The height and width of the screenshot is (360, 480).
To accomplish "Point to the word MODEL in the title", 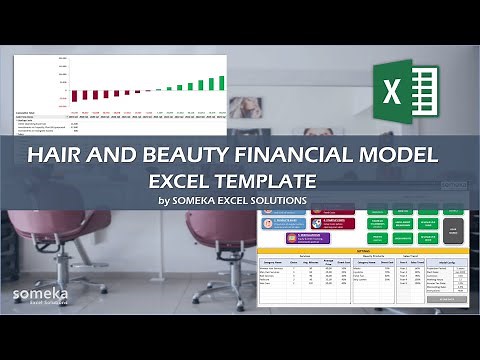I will tap(397, 156).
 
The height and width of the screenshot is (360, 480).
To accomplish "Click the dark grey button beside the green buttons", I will tap(452, 226).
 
